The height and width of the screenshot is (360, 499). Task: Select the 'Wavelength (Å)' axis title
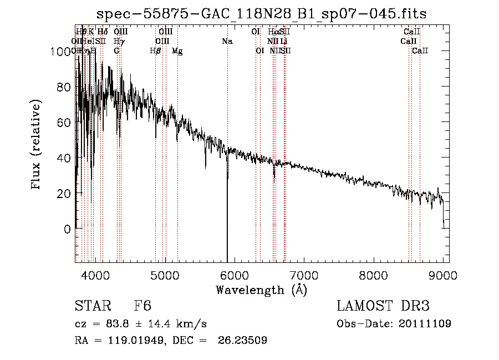(261, 290)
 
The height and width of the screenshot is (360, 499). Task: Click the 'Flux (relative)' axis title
(37, 145)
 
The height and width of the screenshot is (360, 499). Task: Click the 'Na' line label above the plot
(227, 41)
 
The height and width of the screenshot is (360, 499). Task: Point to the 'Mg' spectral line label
(177, 50)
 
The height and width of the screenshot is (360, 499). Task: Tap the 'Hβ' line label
(155, 50)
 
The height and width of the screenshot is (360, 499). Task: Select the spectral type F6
(142, 307)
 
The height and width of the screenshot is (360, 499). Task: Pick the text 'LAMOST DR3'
(383, 307)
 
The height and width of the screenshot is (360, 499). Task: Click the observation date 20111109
(426, 323)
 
